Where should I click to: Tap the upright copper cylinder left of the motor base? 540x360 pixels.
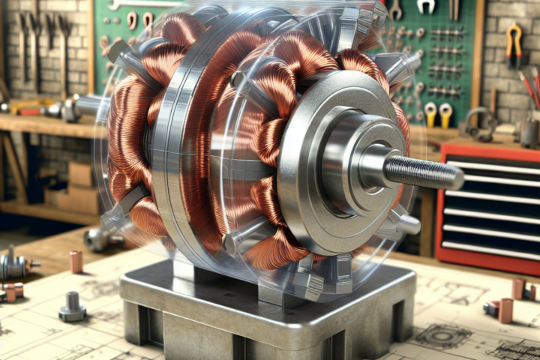click(x=76, y=262)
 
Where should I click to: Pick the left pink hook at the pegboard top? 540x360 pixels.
click(x=132, y=19)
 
